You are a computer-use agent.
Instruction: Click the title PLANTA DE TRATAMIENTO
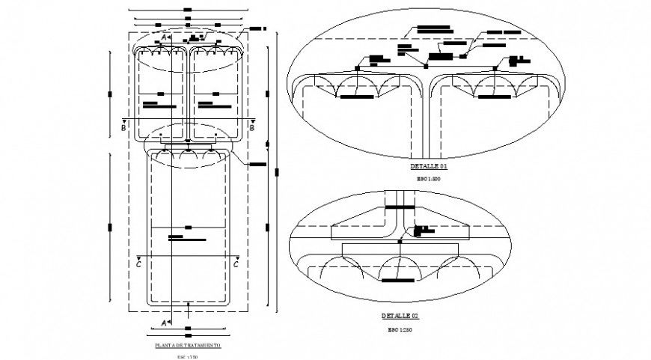coord(187,346)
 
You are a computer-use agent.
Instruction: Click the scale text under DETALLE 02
coord(400,329)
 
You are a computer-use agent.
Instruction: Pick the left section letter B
coord(123,127)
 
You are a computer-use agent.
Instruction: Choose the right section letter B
coord(252,127)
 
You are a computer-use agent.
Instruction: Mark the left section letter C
coord(139,264)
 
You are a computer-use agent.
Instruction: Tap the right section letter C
coord(236,264)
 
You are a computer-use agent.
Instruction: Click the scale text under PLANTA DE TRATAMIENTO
coord(187,357)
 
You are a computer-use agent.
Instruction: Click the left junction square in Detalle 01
coord(357,67)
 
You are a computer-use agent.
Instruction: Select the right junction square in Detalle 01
coord(495,68)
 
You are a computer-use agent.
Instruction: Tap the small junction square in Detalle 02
coord(400,242)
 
